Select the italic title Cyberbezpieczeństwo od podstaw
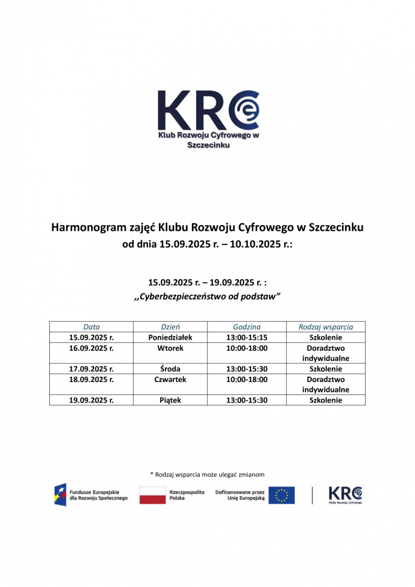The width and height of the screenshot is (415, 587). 208,297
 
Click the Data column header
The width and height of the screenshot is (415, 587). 91,327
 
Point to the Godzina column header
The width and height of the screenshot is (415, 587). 247,327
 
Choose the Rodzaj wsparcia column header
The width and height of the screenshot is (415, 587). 326,327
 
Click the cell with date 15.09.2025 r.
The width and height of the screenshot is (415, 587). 91,337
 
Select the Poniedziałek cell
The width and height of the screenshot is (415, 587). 170,337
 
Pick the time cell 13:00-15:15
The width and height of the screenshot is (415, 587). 247,337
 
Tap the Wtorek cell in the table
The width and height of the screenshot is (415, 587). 170,348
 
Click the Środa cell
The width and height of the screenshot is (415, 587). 170,369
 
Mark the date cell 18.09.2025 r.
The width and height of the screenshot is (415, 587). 91,379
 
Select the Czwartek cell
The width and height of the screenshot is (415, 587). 170,379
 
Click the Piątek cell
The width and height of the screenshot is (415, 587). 170,400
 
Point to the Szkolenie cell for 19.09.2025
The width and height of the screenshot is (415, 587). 326,400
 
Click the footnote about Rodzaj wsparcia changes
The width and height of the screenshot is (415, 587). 208,474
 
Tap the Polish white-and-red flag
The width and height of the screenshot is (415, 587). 152,495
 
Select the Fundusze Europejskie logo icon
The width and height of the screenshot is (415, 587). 61,495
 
